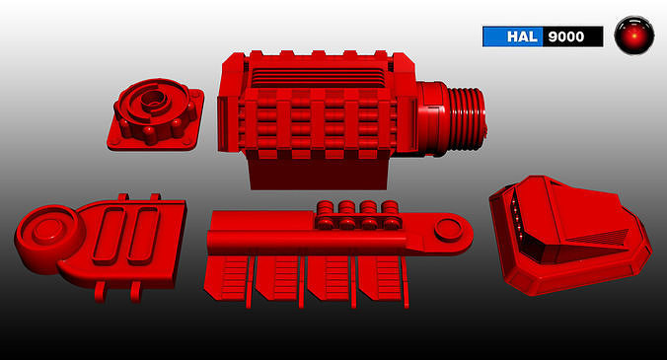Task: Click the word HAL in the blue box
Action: tap(521, 36)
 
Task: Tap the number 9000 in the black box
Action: tap(572, 36)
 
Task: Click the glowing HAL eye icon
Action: tap(632, 36)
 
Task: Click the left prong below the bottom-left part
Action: tap(100, 290)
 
